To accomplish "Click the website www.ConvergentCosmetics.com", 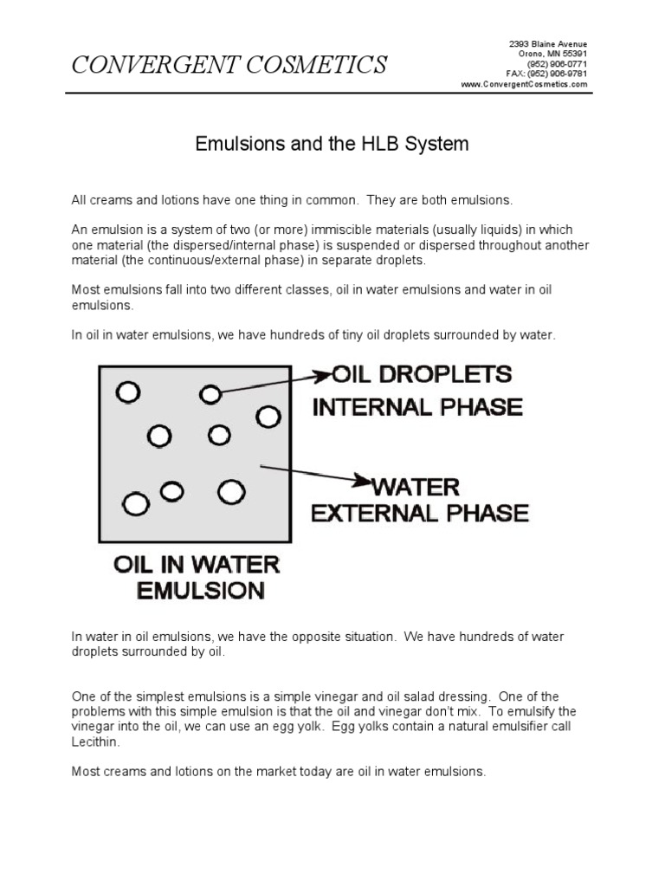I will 524,85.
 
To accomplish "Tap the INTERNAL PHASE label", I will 416,406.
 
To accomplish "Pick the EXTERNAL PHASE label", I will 420,513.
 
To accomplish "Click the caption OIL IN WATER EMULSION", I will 196,578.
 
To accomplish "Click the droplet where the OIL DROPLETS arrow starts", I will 210,395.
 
